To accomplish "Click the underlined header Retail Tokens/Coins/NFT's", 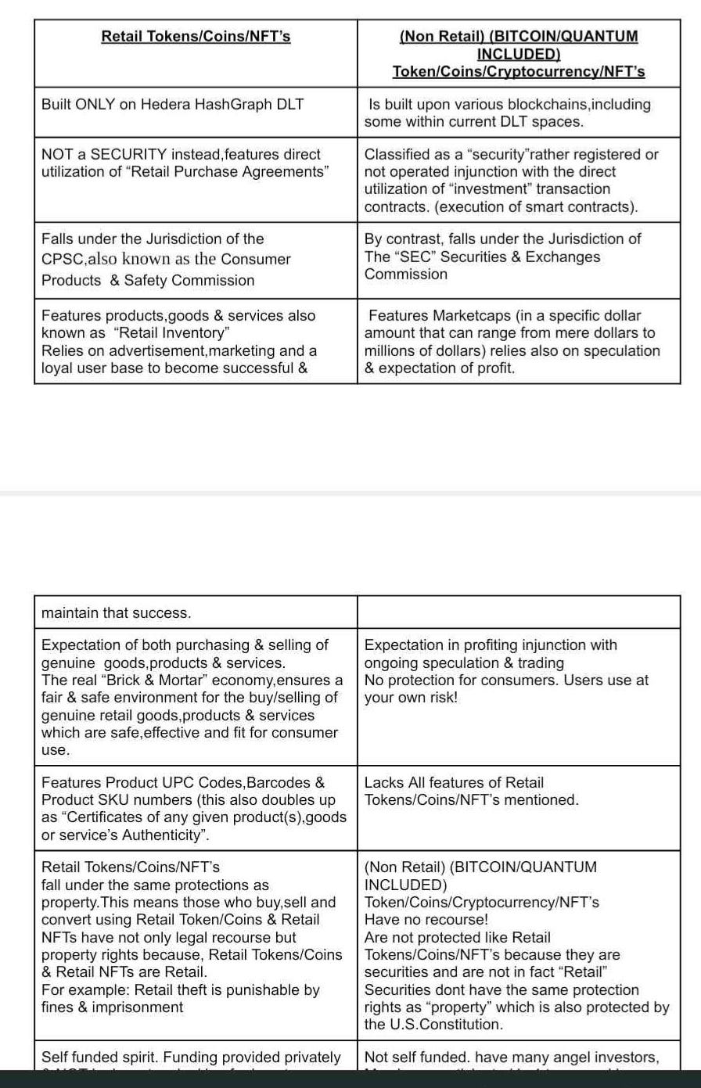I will [x=196, y=36].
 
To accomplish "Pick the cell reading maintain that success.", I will [x=116, y=613].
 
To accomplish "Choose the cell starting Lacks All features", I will [x=472, y=791].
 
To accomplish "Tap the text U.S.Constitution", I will [x=448, y=1024].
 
